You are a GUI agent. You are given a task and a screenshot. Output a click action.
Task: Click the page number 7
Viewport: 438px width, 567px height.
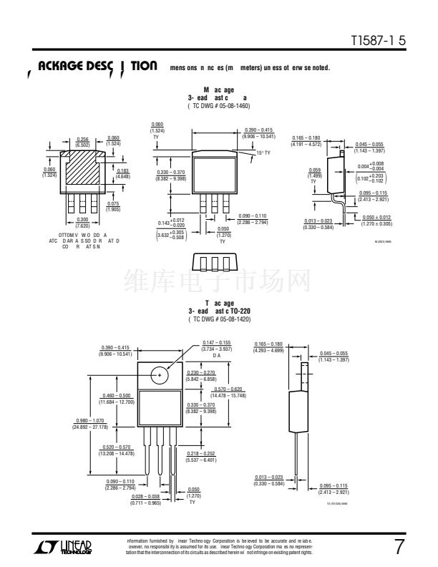click(x=399, y=548)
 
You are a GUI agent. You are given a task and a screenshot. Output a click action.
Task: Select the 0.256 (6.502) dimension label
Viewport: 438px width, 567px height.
click(x=82, y=141)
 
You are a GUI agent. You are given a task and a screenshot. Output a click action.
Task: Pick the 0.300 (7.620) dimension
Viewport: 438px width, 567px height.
click(x=83, y=221)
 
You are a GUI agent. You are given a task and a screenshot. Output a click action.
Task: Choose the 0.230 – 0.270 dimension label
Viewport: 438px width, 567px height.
click(x=200, y=375)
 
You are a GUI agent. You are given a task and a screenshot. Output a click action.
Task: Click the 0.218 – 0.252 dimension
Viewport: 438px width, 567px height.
click(x=200, y=457)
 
